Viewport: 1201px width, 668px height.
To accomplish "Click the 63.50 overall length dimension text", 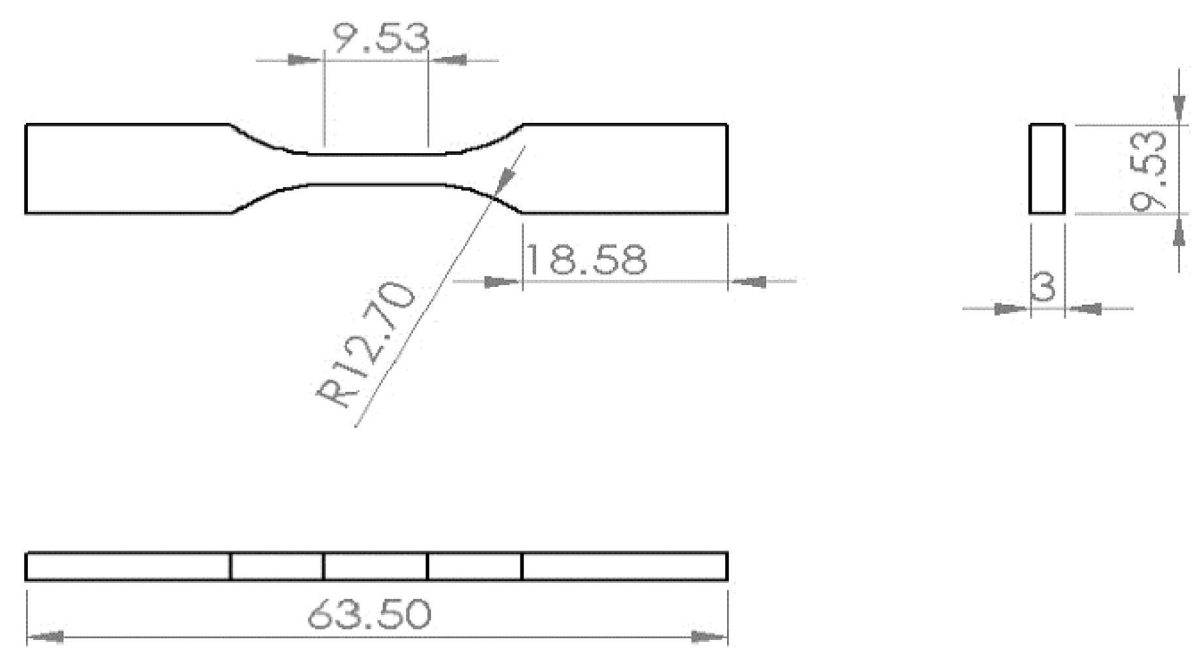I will (x=369, y=614).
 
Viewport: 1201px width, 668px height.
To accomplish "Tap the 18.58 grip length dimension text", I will (x=586, y=259).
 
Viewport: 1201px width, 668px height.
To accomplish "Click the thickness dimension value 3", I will (x=1043, y=286).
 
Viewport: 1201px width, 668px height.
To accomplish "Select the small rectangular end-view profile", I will (x=1047, y=169).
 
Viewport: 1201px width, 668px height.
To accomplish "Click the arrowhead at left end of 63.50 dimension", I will (x=46, y=636).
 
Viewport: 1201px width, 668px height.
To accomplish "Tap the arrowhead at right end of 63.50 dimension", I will (x=710, y=636).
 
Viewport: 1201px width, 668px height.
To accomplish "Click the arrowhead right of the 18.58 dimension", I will (x=748, y=282).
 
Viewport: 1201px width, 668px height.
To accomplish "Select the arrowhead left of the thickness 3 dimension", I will (x=1009, y=309).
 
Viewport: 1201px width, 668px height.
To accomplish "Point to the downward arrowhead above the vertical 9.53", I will (x=1179, y=108).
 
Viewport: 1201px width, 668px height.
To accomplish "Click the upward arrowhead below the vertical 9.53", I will (x=1179, y=232).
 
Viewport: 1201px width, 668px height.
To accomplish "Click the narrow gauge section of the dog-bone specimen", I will (x=376, y=169).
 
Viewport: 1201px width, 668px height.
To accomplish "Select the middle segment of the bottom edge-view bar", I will (x=375, y=566).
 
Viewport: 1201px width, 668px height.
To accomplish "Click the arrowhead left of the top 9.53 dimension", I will (x=304, y=60).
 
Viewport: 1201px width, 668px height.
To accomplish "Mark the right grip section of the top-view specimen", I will (x=624, y=169).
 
